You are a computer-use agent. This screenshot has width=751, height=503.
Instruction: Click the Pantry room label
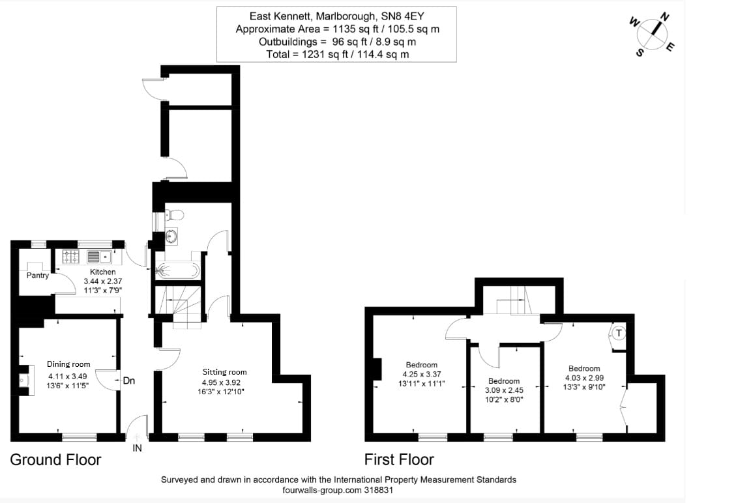[38, 276]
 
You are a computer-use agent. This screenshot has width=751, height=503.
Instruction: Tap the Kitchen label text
[103, 272]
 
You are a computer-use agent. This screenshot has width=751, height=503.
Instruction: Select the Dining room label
[68, 364]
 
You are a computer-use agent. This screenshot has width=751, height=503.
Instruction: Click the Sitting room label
[224, 372]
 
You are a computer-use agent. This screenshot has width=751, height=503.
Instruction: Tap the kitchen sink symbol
[99, 256]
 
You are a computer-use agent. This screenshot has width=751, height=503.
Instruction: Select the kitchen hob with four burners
[70, 256]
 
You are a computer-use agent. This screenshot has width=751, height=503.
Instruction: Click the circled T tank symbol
[619, 334]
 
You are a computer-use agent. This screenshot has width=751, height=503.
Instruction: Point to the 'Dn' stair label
[129, 381]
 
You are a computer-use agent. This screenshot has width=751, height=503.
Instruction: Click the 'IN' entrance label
[138, 448]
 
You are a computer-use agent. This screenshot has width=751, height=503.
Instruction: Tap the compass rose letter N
[664, 16]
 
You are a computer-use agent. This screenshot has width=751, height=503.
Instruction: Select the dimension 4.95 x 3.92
[224, 382]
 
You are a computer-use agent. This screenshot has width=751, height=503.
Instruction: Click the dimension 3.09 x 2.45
[504, 391]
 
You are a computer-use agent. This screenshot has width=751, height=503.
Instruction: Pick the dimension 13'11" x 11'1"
[422, 384]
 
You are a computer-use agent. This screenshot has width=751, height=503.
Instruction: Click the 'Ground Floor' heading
[55, 460]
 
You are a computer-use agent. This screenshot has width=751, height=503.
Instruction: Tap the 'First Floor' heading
[399, 460]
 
